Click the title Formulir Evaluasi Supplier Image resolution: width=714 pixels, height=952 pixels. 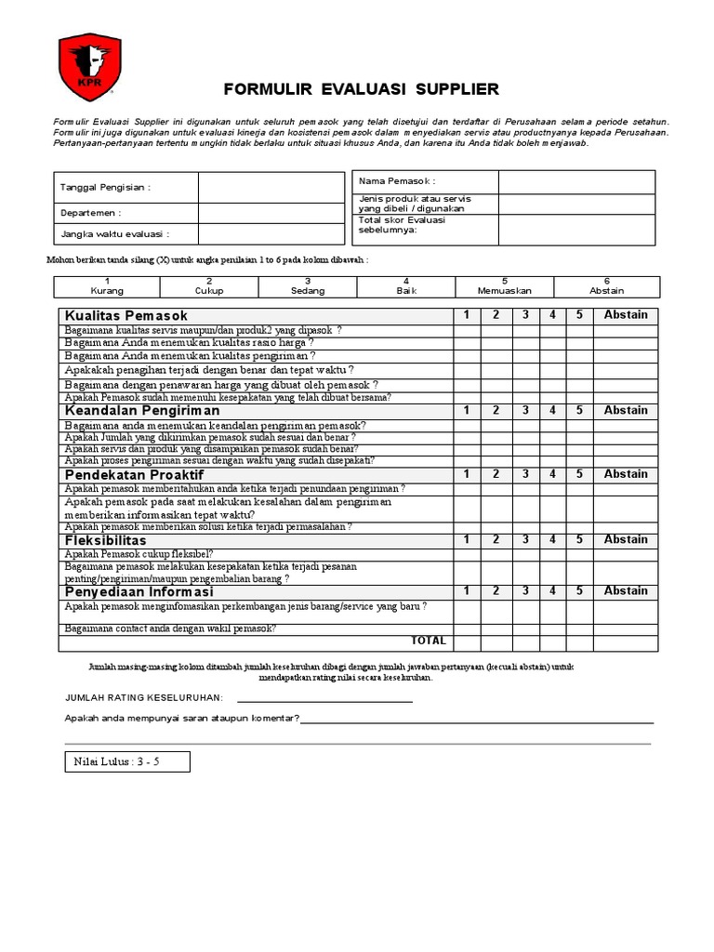pos(362,89)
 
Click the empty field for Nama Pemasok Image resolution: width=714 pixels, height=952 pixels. pos(575,181)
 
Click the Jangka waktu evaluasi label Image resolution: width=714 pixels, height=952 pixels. pos(115,234)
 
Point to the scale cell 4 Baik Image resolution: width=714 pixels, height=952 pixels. pos(406,286)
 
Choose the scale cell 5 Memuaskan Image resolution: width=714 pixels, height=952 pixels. pos(504,286)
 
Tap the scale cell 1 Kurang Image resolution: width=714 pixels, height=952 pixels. pos(108,286)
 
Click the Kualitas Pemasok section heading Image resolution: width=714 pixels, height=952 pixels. pos(126,315)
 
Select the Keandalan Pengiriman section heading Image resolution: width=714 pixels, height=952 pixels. pos(142,410)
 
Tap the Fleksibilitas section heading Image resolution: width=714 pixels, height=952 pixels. pos(106,540)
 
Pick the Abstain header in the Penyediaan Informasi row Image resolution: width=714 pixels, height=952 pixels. pos(625,591)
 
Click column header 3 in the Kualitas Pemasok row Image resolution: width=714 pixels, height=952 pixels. pos(524,315)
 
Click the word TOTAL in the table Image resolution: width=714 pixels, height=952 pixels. pos(428,641)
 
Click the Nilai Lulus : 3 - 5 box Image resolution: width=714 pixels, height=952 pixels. pos(127,762)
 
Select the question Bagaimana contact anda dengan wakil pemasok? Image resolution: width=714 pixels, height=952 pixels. pos(170,628)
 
